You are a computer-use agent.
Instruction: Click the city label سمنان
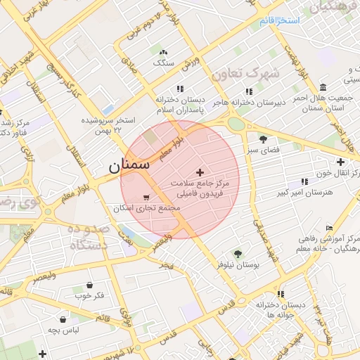coord(129,166)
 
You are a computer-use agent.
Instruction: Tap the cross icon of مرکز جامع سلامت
coord(200,172)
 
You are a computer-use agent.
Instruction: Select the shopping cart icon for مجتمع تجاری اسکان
coord(146,198)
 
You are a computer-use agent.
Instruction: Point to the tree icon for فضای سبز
coord(263,139)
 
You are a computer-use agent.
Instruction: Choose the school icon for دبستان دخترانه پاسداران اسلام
coord(180,89)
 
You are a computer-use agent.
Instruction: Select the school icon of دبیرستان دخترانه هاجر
coord(248,91)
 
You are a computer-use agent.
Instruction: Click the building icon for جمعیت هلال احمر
coord(322,87)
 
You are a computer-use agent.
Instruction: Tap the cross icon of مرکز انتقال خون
coord(340,162)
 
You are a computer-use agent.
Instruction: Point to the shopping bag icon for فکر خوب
coord(90,285)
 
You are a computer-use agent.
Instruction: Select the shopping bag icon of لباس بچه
coord(63,319)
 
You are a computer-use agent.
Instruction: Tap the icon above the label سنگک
coord(164,53)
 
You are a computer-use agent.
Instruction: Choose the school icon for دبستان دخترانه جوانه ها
coord(281,294)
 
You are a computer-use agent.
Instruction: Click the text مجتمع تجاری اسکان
coord(147,209)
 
